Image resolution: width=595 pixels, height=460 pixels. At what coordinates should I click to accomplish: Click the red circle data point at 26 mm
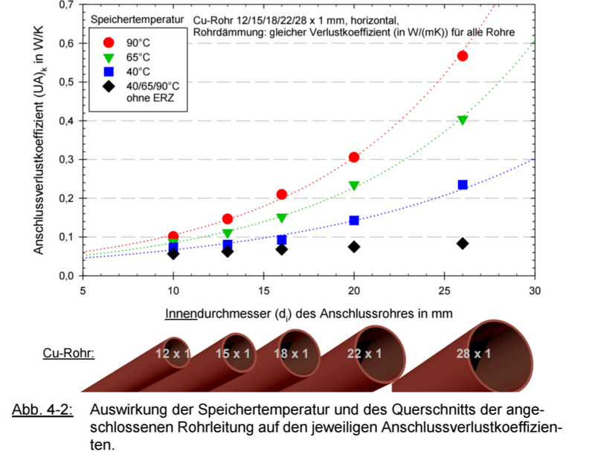tap(463, 56)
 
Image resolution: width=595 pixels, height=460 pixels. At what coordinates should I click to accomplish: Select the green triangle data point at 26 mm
tap(463, 120)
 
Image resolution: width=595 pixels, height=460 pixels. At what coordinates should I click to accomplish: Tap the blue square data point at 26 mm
tap(463, 184)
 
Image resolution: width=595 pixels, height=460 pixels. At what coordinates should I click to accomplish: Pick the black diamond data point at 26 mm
tap(463, 243)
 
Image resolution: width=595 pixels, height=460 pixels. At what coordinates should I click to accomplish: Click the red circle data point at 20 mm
tap(354, 157)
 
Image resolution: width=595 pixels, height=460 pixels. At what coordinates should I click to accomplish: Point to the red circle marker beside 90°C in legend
tap(109, 42)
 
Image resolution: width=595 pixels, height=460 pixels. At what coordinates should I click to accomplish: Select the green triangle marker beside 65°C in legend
tap(109, 57)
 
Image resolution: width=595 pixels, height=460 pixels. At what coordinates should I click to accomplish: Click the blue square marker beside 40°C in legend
tap(109, 71)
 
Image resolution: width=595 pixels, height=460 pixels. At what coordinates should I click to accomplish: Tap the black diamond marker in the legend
tap(109, 86)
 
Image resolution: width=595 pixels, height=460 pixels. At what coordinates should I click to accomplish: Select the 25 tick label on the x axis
tap(444, 290)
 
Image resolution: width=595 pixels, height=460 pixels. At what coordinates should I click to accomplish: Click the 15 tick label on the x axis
tap(263, 290)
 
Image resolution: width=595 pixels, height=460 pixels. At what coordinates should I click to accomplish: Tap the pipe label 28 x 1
tap(474, 353)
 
